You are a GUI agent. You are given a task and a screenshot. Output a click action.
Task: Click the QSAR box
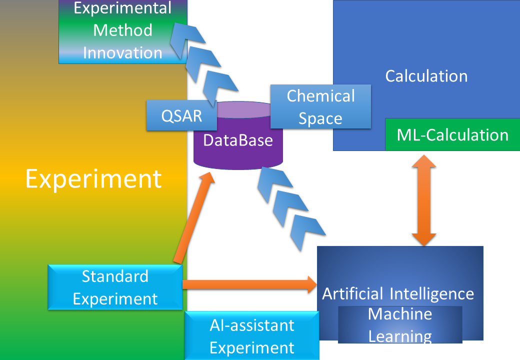coord(181,115)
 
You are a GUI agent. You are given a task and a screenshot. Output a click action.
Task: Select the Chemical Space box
coord(320,107)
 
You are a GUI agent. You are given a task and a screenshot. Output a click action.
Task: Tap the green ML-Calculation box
coord(452,135)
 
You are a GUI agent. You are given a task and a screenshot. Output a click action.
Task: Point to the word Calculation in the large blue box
coord(426,76)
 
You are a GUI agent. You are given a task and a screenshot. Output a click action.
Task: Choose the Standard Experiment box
coord(115,287)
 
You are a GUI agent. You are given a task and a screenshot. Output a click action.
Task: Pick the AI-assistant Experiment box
coord(251,336)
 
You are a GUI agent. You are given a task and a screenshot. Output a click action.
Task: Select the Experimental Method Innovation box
coord(122,31)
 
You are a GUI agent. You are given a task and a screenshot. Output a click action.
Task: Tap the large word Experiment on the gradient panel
coord(93,178)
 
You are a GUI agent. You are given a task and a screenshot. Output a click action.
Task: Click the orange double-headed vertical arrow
coord(424,200)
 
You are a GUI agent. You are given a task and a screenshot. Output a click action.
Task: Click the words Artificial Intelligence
coord(397,293)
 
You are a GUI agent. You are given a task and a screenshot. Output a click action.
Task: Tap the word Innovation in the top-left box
coord(122,52)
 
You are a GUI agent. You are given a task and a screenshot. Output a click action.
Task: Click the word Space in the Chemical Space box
coord(320,118)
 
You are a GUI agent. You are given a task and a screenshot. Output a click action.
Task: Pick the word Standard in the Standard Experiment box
coord(115,276)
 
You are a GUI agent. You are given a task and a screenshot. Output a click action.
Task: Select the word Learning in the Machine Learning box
coord(400,336)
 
